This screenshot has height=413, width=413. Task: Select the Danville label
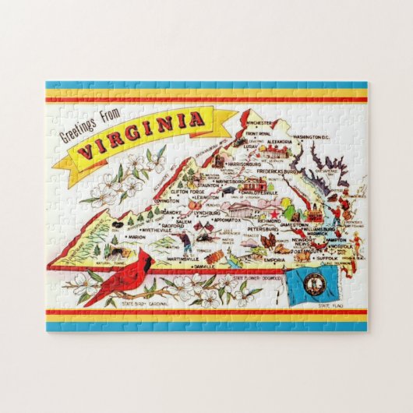[205, 266]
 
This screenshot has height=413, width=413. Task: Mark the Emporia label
[275, 259]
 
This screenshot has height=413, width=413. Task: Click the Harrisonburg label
[231, 164]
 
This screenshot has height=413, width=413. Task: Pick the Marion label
[115, 238]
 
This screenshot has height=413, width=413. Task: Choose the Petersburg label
[265, 231]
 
